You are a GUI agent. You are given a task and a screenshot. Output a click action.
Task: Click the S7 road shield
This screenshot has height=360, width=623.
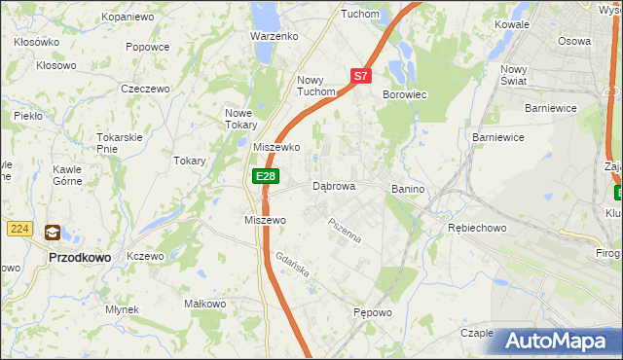360,75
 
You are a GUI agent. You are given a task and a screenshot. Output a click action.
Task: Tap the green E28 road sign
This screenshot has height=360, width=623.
266,176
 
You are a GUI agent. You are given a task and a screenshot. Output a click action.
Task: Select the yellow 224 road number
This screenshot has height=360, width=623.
19,229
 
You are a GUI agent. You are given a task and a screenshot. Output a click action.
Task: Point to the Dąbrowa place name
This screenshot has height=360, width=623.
333,186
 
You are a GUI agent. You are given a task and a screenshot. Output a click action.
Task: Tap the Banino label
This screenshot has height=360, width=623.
410,188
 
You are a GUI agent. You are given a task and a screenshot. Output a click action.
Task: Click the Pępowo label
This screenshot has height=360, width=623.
372,313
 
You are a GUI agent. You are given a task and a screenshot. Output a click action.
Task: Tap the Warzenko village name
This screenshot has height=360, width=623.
274,36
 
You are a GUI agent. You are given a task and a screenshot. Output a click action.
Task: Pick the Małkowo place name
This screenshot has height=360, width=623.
205,305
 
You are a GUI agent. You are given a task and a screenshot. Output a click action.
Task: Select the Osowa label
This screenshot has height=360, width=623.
574,41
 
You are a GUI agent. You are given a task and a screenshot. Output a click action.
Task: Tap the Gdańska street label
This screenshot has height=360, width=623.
292,268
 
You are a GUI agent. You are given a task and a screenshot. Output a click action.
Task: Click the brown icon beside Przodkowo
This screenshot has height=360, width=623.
51,233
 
